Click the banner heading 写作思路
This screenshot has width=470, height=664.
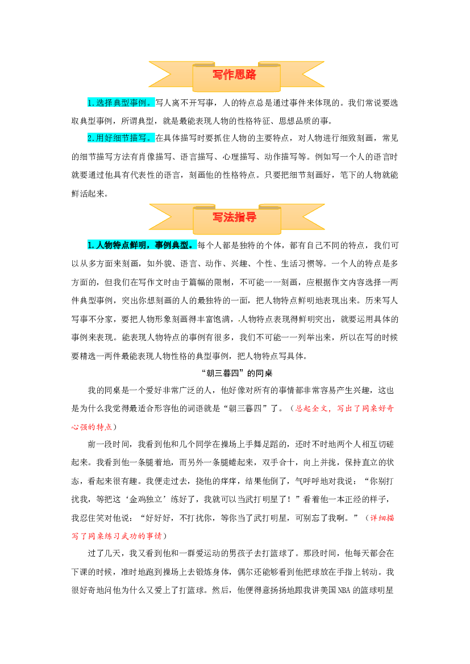coord(234,75)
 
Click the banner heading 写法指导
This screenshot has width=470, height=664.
coord(234,218)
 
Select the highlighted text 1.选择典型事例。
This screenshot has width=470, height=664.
coord(121,102)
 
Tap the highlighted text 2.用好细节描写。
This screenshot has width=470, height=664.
coord(121,138)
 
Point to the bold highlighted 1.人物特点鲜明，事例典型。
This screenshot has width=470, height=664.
coord(142,245)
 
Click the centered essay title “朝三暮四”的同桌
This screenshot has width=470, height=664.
coord(237,373)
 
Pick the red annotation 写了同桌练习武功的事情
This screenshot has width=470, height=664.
coord(117,536)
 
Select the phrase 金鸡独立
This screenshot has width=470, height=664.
coord(146,500)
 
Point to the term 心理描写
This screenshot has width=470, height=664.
coord(239,157)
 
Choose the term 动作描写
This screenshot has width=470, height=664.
coord(281,157)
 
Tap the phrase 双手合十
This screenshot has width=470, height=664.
coord(278,463)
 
